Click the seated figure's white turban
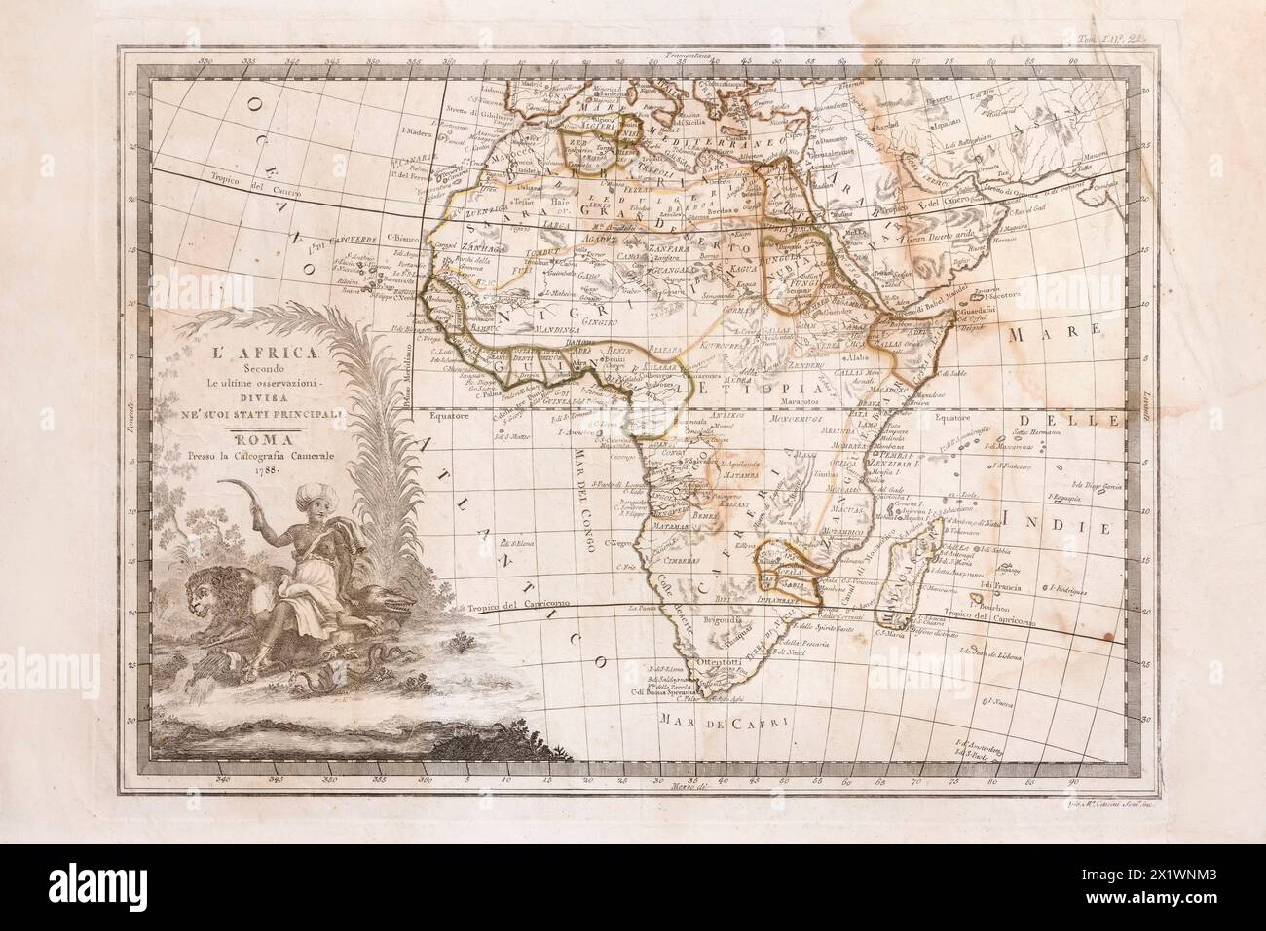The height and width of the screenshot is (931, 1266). [312, 499]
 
